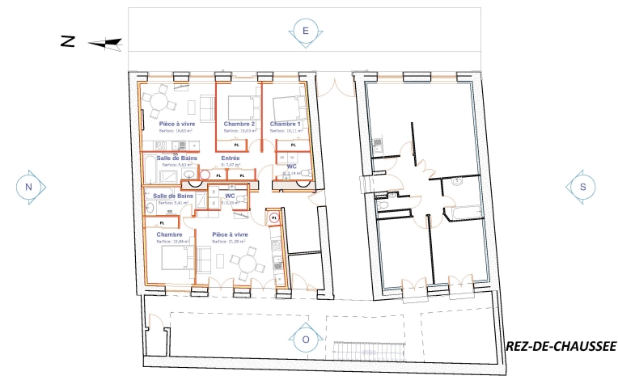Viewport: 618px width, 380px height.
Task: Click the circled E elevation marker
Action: [x=306, y=32]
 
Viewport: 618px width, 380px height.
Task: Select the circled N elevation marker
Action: [x=29, y=187]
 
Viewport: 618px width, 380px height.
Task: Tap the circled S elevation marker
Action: [x=582, y=186]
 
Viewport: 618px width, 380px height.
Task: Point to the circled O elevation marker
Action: [x=306, y=340]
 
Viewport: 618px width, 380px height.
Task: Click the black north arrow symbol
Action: [x=104, y=43]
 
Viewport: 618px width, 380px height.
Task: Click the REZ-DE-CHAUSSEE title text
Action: [x=560, y=347]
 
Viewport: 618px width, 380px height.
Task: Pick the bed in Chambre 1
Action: [x=285, y=106]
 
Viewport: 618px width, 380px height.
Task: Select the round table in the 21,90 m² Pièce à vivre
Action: [x=246, y=262]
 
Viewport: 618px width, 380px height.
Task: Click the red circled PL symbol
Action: [x=274, y=217]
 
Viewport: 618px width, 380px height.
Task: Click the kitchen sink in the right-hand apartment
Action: [x=377, y=146]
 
